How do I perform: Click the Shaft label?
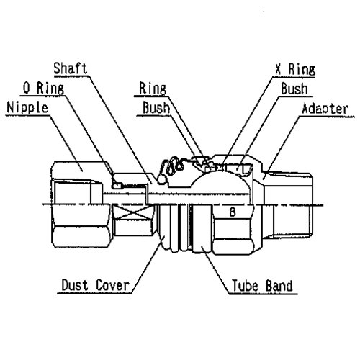pyautogui.click(x=70, y=68)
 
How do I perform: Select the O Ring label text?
pyautogui.click(x=43, y=88)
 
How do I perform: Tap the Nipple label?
pyautogui.click(x=27, y=108)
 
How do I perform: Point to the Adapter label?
pyautogui.click(x=325, y=109)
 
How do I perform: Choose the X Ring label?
pyautogui.click(x=295, y=69)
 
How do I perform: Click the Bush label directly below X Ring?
pyautogui.click(x=294, y=89)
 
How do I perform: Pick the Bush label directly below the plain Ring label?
pyautogui.click(x=156, y=107)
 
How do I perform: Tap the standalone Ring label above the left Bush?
pyautogui.click(x=153, y=89)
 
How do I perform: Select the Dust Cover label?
pyautogui.click(x=95, y=285)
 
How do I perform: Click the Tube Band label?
pyautogui.click(x=262, y=286)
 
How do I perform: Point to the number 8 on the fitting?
pyautogui.click(x=232, y=212)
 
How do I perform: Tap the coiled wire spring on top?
pyautogui.click(x=171, y=168)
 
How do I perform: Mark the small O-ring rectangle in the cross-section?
pyautogui.click(x=117, y=185)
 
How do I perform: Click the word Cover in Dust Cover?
pyautogui.click(x=112, y=285)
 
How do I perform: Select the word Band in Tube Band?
pyautogui.click(x=279, y=286)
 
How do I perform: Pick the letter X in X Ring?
pyautogui.click(x=278, y=69)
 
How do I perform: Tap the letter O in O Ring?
pyautogui.click(x=27, y=88)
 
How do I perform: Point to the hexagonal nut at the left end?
pyautogui.click(x=81, y=204)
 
